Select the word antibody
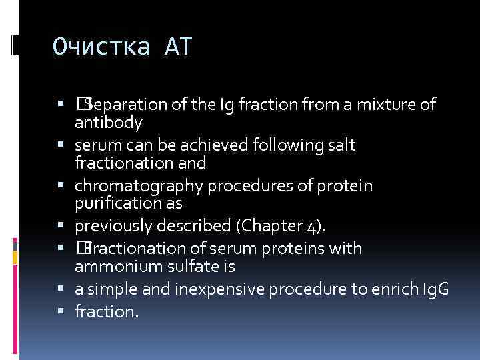click(x=109, y=123)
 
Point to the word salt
click(x=342, y=145)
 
